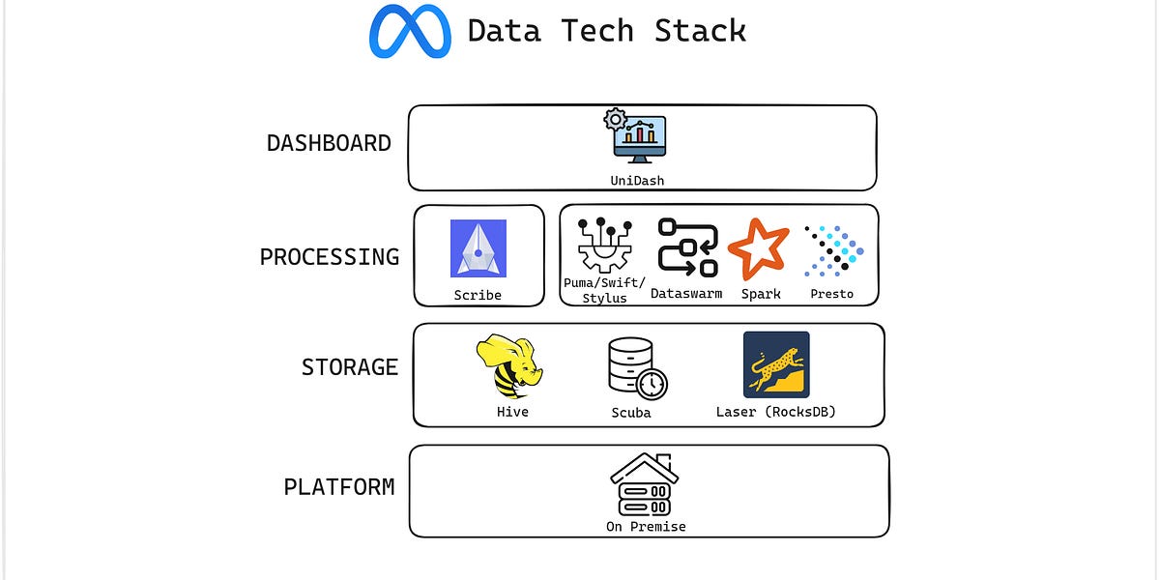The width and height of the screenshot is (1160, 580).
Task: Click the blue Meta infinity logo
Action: (410, 31)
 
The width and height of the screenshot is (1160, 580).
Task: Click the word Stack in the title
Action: (700, 31)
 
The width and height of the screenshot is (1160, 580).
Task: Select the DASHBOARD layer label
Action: (329, 144)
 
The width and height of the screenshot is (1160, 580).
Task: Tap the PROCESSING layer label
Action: (329, 257)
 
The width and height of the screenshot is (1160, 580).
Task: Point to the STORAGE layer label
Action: (349, 367)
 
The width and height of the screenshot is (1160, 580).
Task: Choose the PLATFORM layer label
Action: (338, 487)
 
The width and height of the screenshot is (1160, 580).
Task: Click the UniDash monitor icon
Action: (638, 137)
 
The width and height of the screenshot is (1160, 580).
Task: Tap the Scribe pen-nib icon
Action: (478, 248)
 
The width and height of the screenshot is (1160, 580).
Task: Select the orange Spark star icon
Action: (759, 248)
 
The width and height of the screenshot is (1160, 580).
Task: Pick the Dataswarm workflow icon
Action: (687, 247)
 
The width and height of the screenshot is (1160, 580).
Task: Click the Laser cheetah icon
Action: (776, 364)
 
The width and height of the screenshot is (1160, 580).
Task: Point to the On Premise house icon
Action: (645, 484)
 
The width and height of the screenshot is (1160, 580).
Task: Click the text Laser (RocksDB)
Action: (776, 412)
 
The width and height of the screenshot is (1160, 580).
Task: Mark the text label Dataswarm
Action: (686, 294)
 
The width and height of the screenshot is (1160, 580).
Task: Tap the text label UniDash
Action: (637, 181)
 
